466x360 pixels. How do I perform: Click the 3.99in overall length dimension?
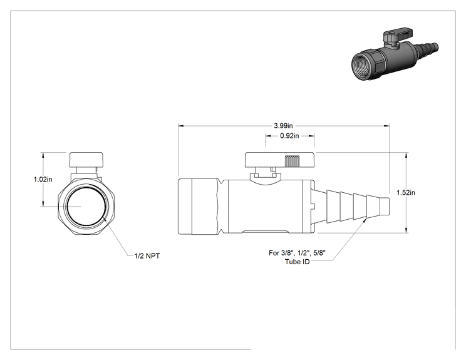(283, 126)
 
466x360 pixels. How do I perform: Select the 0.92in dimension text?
(289, 136)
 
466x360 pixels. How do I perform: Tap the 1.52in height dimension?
(406, 192)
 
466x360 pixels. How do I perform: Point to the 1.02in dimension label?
(43, 180)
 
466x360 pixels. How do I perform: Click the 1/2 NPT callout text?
(147, 255)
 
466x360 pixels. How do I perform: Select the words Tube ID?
(297, 262)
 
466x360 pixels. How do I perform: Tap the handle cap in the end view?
(86, 160)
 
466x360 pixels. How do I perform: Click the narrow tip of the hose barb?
(385, 207)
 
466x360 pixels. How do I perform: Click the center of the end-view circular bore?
(86, 205)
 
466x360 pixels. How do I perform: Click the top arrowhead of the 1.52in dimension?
(406, 155)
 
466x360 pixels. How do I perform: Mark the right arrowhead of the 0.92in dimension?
(312, 136)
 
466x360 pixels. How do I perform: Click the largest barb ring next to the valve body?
(333, 207)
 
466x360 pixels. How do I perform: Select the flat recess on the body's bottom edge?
(265, 232)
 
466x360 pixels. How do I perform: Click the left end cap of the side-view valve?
(185, 207)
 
